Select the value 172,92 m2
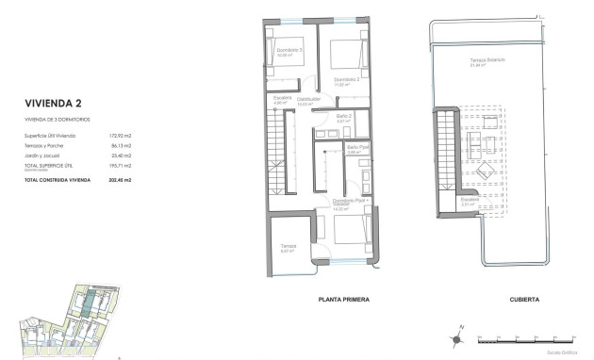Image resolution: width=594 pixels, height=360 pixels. coord(120,138)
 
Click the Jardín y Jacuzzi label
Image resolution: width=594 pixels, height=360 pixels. coord(42,155)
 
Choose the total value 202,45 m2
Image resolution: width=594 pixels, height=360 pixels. coord(119,178)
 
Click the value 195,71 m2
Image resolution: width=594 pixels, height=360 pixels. coord(120,164)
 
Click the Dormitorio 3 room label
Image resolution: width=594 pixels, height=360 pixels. coord(289,51)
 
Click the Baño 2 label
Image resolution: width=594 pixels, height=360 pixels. coord(344,116)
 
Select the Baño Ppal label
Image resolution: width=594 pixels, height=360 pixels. coord(355,147)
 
